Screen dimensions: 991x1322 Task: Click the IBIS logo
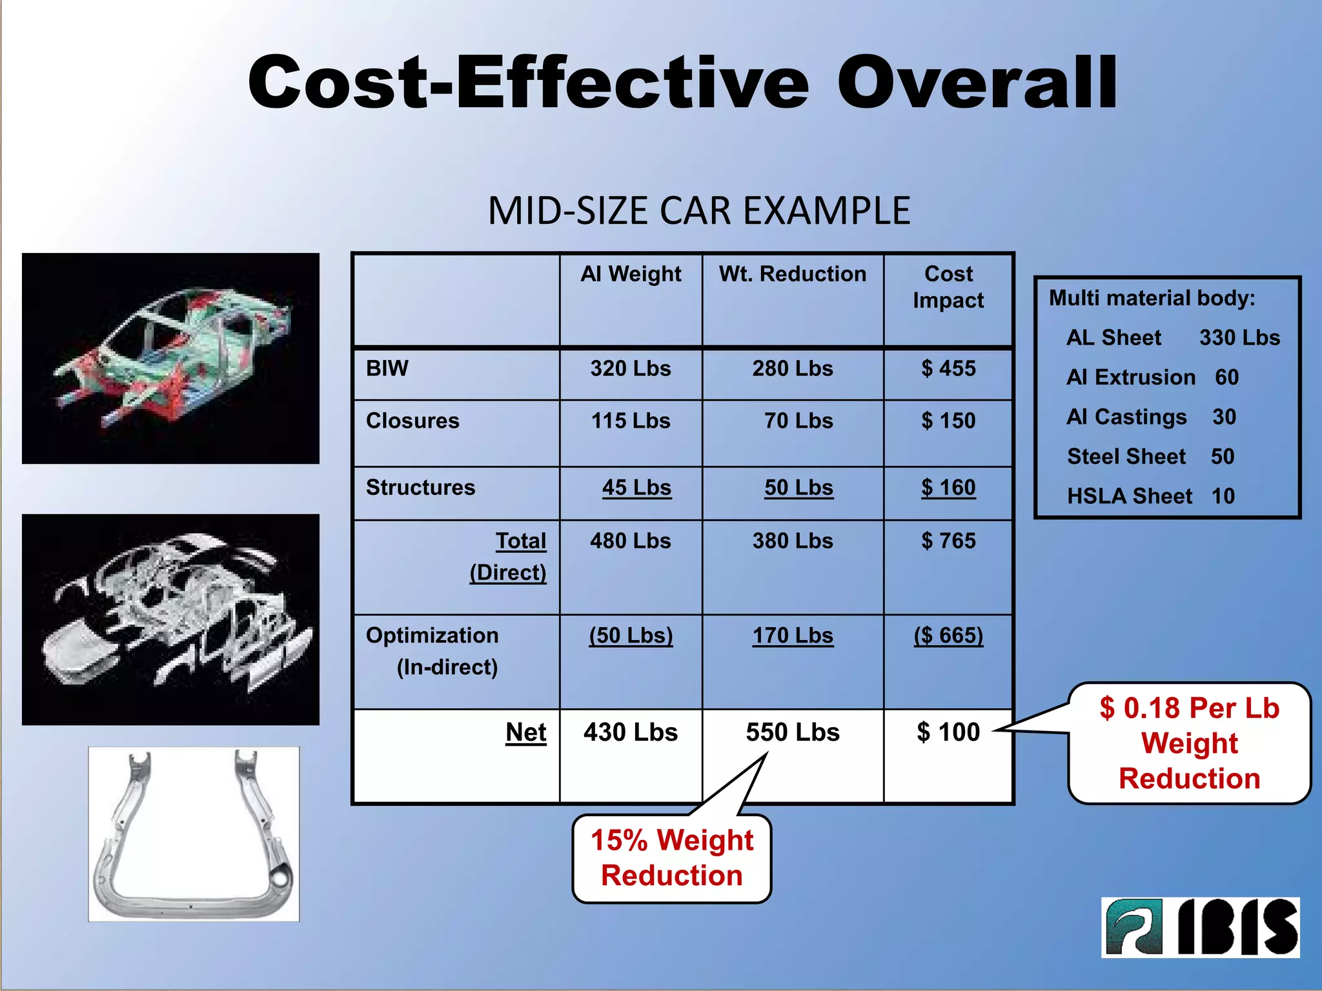[x=1200, y=927]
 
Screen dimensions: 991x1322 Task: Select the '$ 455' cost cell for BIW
[x=948, y=368]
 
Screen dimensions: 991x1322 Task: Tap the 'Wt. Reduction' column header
[x=792, y=274]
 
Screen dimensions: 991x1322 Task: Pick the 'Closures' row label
[x=412, y=421]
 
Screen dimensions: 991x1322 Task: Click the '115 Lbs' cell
[x=631, y=421]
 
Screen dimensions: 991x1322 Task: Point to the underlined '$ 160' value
[x=948, y=488]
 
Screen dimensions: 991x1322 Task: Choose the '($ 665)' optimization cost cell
[x=948, y=636]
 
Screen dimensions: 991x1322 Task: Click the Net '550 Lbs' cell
[x=793, y=732]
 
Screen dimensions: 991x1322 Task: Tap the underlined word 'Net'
[x=526, y=732]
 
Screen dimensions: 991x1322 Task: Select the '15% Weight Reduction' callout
[x=672, y=858]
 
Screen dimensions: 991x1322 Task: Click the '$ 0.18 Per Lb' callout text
[x=1190, y=708]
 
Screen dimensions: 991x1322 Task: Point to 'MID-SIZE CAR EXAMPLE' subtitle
[x=699, y=211]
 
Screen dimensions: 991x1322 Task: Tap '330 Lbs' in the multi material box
[x=1239, y=337]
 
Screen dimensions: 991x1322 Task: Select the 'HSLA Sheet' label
[x=1130, y=496]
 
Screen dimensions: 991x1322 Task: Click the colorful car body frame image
[x=170, y=359]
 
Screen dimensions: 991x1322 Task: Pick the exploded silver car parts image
[x=170, y=619]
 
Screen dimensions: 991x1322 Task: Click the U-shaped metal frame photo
[x=194, y=834]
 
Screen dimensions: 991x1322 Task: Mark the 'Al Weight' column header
[x=631, y=274]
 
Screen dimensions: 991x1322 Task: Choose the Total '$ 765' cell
[x=948, y=541]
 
